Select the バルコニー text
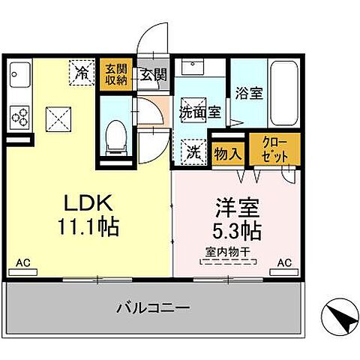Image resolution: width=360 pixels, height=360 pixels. [152, 307]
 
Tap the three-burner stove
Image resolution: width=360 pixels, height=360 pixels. [19, 117]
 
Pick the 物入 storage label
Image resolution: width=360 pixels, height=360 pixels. [227, 154]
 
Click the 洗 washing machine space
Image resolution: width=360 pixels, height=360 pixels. [194, 151]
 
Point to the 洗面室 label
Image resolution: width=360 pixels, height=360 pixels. [199, 112]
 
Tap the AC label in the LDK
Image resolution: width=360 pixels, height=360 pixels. [23, 264]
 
